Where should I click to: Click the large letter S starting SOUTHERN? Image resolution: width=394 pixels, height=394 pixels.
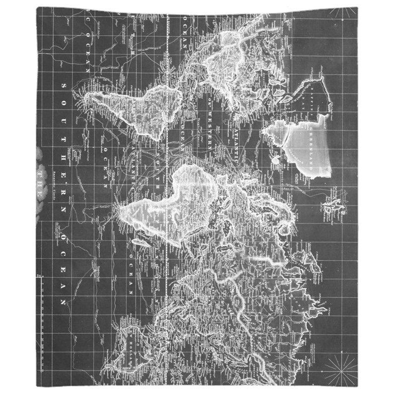pos(63,86)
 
